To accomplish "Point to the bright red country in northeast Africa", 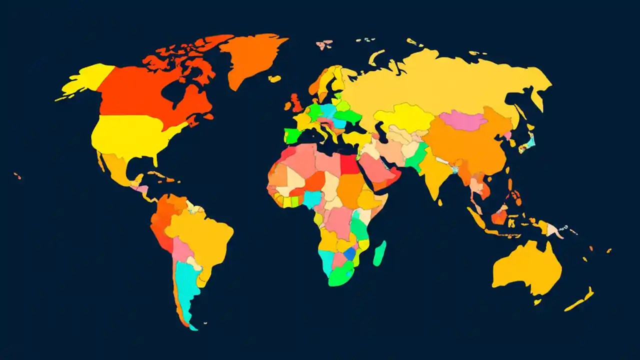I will tap(350, 164).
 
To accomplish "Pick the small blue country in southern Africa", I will tap(350, 253).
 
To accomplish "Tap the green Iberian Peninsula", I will tap(293, 135).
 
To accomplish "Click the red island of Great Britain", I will tap(296, 102).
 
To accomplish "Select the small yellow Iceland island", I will tap(274, 78).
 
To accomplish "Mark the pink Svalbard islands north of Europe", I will tap(324, 44).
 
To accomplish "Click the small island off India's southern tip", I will tap(440, 202).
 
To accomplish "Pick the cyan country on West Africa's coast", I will tap(311, 199).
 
